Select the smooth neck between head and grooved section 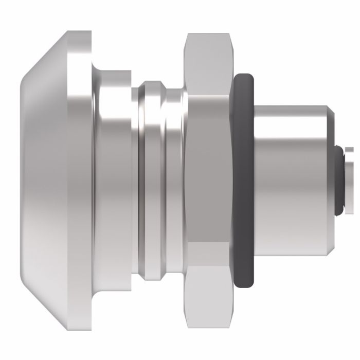pyautogui.click(x=116, y=180)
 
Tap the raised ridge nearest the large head pyautogui.click(x=149, y=180)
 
